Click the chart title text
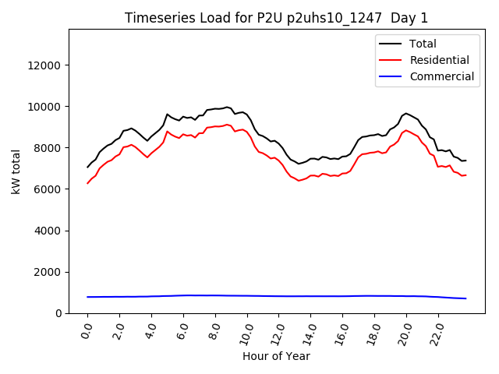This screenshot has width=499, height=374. [277, 18]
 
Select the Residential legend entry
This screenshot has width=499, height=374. [439, 60]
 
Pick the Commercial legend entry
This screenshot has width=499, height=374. [441, 76]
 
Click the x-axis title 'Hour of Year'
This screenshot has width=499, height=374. [276, 356]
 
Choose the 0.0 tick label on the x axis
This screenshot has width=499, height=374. [86, 331]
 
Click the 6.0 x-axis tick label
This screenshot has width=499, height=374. [182, 331]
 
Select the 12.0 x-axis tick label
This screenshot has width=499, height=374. [276, 331]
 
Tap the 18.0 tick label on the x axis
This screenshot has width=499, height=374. [372, 331]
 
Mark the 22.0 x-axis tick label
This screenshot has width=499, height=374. [435, 331]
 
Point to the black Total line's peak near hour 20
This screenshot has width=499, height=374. [406, 114]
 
